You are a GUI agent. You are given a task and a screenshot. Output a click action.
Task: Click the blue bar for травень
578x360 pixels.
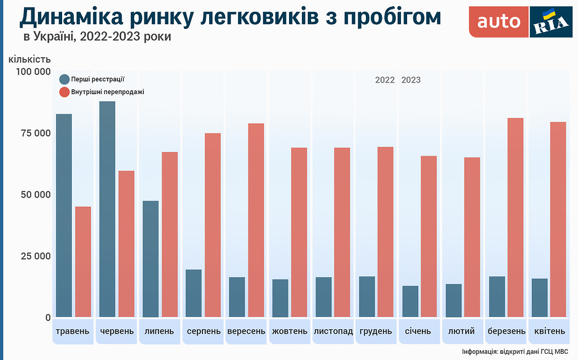coord(64,215)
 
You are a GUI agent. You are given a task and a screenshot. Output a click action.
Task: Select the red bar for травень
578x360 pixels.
coord(83,262)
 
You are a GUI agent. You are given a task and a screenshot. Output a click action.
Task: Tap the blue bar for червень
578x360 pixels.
coord(107,209)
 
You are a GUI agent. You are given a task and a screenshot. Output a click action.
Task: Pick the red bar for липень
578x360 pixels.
coord(170,234)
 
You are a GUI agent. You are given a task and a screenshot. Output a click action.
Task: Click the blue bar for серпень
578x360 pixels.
coord(194,293)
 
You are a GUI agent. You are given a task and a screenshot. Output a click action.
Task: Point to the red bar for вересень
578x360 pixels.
coord(256,220)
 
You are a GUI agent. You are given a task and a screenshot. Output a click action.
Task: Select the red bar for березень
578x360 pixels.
coord(515,217)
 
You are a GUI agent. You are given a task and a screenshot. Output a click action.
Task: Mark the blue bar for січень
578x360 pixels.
coord(410,302)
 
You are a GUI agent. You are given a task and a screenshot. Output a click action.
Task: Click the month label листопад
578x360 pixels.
coord(333,331)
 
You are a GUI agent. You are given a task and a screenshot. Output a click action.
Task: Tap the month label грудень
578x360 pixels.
coord(376,331)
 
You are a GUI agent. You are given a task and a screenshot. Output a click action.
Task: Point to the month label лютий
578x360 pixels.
coord(462,331)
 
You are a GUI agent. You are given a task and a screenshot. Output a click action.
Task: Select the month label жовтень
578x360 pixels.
coord(290,331)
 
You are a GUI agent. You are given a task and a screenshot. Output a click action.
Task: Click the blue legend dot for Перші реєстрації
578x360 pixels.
coord(64,79)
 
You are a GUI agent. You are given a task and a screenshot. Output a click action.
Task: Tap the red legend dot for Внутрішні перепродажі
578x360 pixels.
coord(64,92)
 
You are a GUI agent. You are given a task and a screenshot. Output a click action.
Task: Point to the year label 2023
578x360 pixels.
coord(411,80)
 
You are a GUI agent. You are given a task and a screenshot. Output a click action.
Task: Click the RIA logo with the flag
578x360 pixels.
coord(551,22)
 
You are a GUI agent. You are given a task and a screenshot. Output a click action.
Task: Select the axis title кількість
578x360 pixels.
coord(30,59)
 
